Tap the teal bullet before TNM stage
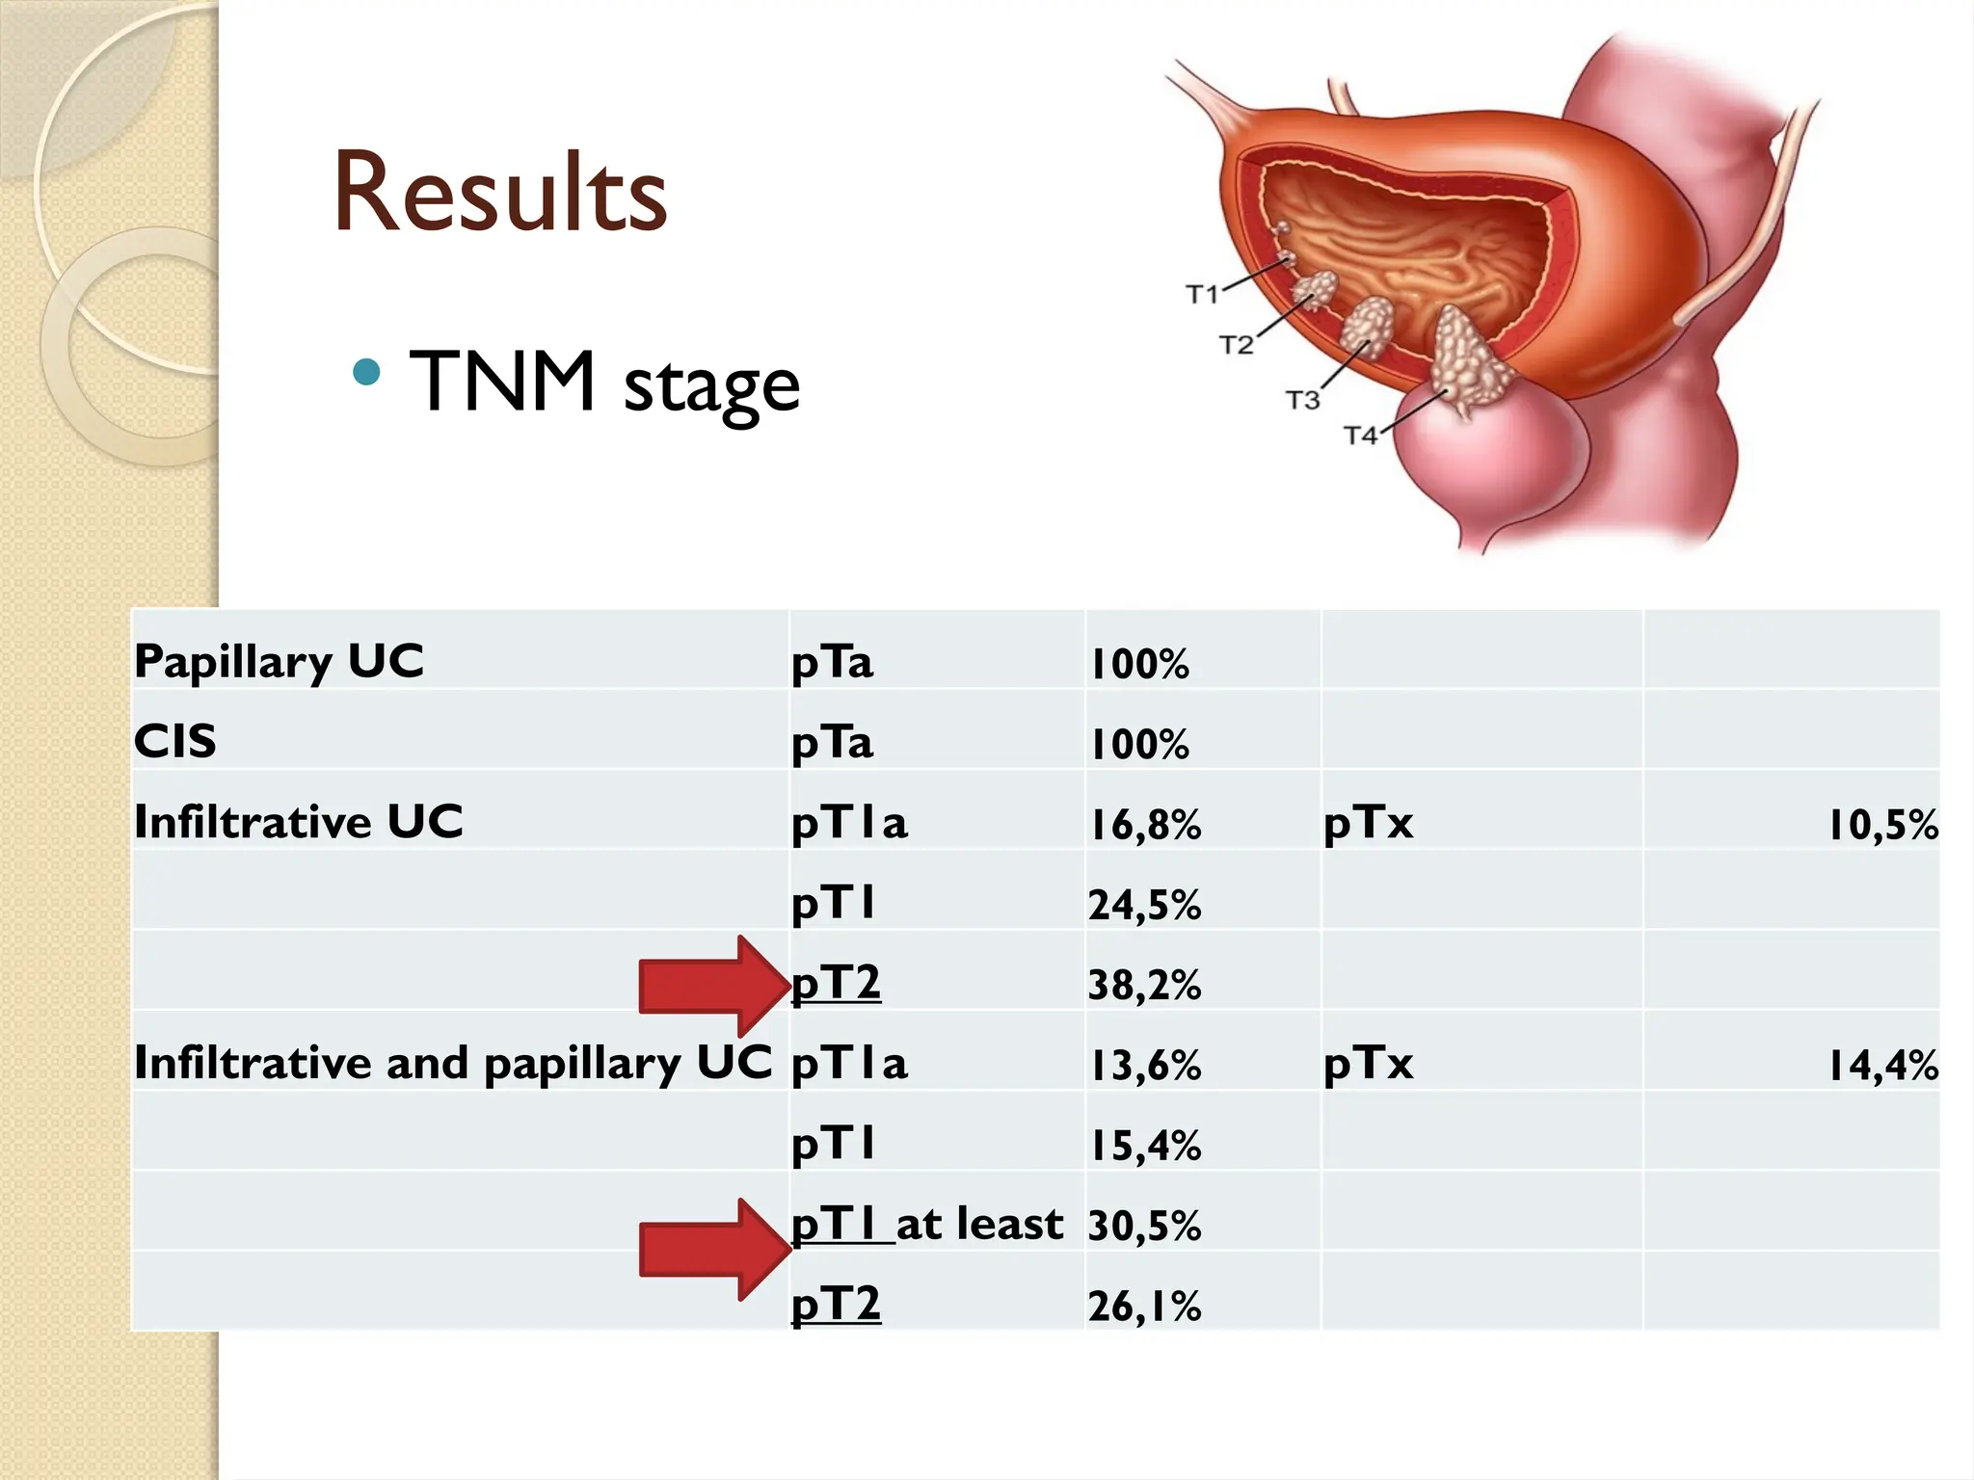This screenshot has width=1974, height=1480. click(366, 372)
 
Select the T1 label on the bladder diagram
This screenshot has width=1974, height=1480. click(1202, 294)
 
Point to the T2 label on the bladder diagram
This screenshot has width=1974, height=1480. click(1236, 345)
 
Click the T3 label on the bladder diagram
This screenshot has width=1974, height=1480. click(1302, 399)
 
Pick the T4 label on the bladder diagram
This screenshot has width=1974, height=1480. click(1360, 436)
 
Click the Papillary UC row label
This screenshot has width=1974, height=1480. click(279, 662)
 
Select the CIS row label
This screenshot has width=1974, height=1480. click(175, 742)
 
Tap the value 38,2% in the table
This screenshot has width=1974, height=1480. click(1144, 985)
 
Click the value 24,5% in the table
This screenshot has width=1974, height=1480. click(1144, 905)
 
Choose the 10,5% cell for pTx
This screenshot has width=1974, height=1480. click(1882, 825)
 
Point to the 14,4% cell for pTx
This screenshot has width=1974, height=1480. click(1882, 1066)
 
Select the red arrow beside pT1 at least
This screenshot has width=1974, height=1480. click(713, 1250)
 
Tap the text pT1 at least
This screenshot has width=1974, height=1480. click(926, 1225)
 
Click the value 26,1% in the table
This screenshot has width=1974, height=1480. click(1144, 1307)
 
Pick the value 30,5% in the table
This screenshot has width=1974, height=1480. click(1144, 1226)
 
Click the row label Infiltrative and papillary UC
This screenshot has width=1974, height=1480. click(453, 1064)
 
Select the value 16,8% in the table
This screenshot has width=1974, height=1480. click(1144, 825)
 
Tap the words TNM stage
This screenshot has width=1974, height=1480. click(604, 383)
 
